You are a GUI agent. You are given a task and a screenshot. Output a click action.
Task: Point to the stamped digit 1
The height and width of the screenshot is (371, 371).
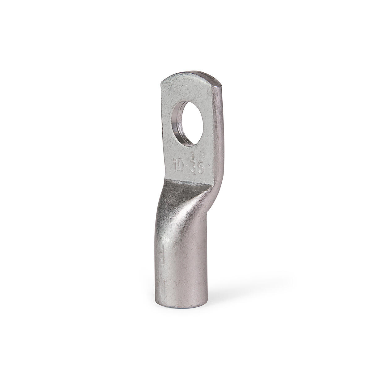[175, 164]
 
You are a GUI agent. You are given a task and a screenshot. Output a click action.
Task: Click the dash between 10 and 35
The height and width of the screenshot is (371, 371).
[187, 166]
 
